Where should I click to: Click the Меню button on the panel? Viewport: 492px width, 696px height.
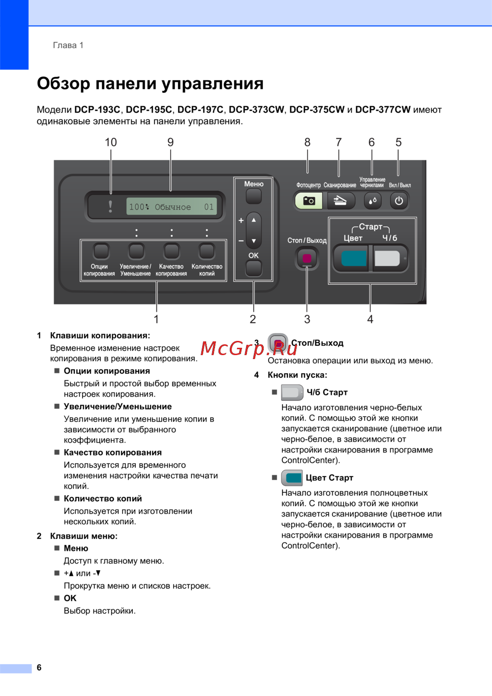tap(253, 196)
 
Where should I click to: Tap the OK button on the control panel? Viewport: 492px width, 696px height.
tap(253, 269)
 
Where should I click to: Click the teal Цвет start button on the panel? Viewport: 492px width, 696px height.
tap(353, 258)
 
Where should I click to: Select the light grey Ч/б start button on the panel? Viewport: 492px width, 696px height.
tap(387, 258)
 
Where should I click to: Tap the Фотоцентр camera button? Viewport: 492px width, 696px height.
tap(308, 201)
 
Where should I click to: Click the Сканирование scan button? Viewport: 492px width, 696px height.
tap(340, 201)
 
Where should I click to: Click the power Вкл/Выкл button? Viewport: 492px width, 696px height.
tap(399, 201)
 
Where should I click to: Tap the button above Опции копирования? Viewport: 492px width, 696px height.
tap(101, 251)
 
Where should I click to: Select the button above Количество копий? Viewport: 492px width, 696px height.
tap(207, 251)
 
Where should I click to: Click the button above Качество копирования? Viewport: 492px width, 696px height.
tap(171, 251)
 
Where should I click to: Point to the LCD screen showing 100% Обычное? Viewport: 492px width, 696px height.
tap(171, 207)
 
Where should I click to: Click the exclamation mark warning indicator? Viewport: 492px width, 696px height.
tap(111, 207)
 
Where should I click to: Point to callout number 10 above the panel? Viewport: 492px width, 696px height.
tap(111, 143)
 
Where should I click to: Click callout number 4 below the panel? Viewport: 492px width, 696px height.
tap(370, 320)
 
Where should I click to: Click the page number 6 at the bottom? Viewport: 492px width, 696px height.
tap(39, 667)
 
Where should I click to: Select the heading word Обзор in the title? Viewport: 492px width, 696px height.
tap(63, 84)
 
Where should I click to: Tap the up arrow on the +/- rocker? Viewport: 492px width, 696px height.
tap(254, 220)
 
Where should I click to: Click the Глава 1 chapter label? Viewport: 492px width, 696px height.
tap(68, 45)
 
